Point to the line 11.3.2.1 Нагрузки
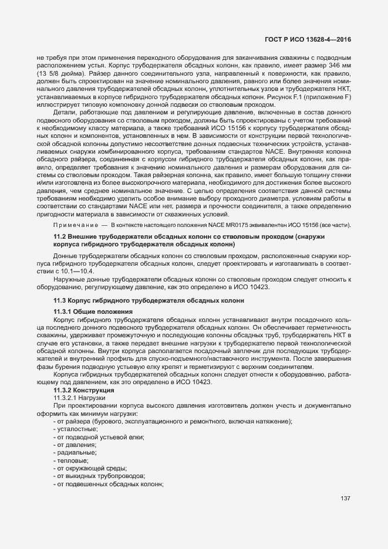coord(79,398)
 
